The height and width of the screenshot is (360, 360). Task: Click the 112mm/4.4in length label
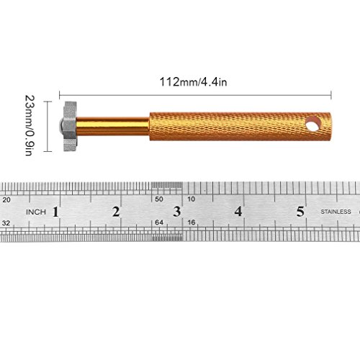coord(193,82)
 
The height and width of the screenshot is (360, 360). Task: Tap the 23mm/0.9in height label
coord(30,125)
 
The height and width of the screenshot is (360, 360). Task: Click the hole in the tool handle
coord(314,125)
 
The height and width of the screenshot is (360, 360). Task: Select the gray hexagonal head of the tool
coord(70,126)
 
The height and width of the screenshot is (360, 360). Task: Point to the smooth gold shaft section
coord(113,126)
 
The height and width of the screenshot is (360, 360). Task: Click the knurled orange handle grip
coord(240,126)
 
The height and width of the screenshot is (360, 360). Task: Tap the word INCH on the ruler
coord(36,212)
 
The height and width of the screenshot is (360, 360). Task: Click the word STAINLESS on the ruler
coord(336,212)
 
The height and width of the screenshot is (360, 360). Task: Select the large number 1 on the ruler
coord(55,212)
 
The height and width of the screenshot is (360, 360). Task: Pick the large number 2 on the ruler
coord(116,212)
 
